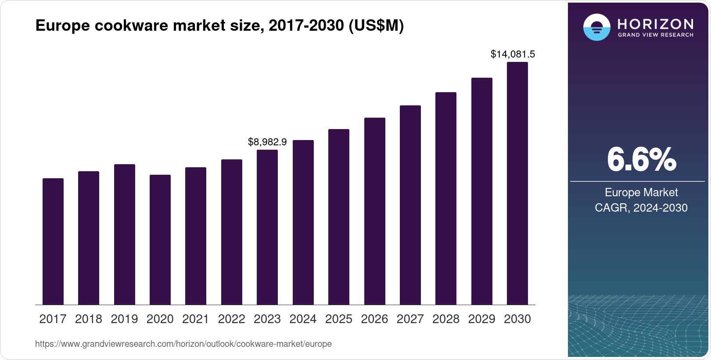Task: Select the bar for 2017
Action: [53, 241]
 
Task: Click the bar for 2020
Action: [160, 240]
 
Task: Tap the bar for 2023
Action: [267, 227]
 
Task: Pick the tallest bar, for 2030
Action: [517, 183]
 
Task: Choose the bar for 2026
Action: [375, 211]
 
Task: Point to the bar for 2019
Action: [125, 234]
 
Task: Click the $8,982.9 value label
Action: [267, 142]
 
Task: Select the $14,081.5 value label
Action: [513, 54]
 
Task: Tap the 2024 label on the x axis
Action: [303, 319]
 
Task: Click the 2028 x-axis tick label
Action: [446, 319]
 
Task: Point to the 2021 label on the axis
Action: [196, 319]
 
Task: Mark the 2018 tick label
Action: [89, 319]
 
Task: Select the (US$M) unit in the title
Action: [376, 26]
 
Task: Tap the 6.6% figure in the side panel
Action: [641, 160]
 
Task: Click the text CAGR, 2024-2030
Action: [641, 208]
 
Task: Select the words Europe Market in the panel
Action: [641, 192]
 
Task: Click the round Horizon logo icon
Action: [596, 27]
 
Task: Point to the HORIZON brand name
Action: [655, 24]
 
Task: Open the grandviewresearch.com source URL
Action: [183, 344]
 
